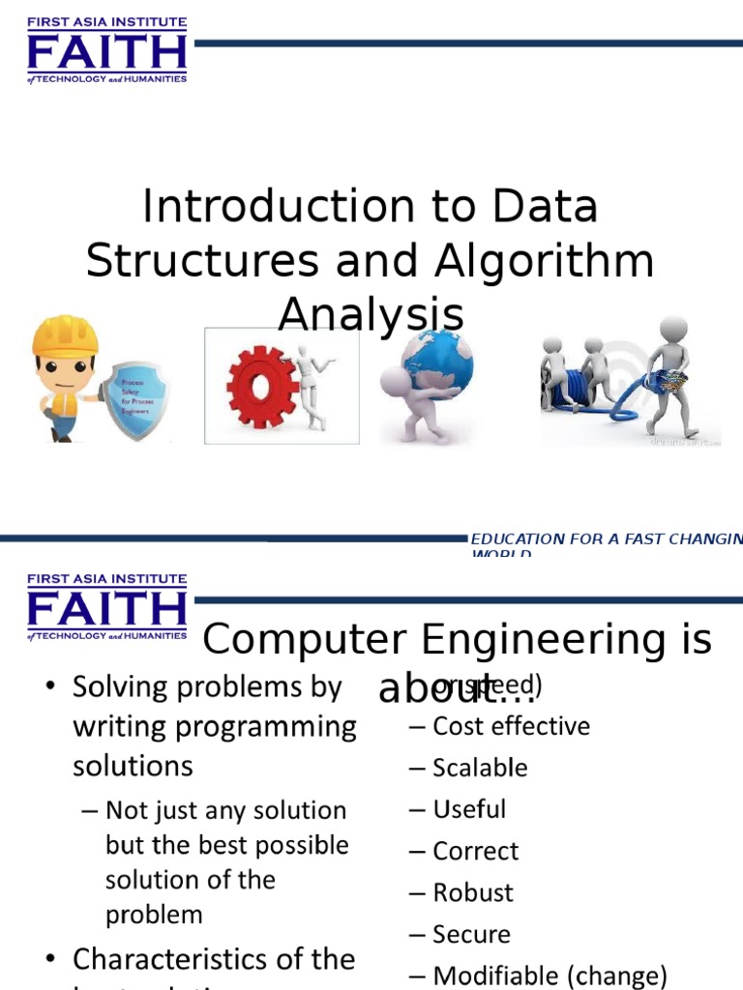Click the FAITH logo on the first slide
tap(106, 50)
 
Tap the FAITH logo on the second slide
tap(106, 607)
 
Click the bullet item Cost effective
tap(511, 726)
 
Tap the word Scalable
tap(480, 769)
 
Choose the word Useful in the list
tap(469, 809)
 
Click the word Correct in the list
tap(475, 852)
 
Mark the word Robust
tap(473, 893)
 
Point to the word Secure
tap(471, 935)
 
